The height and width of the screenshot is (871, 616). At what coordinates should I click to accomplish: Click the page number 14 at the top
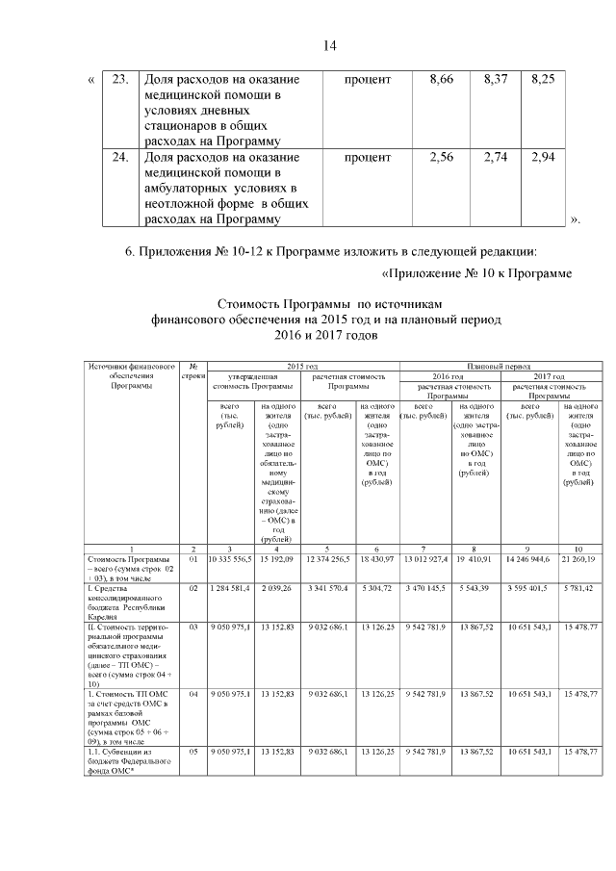coord(328,45)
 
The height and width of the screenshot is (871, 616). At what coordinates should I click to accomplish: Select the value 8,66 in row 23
coord(442,78)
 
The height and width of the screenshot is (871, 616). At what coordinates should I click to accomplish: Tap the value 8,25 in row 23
coord(543,78)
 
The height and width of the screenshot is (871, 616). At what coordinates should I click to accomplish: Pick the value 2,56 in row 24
coord(442,157)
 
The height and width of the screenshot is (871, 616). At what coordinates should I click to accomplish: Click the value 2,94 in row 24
coord(543,157)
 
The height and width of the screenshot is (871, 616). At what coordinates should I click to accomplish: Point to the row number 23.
coord(120,78)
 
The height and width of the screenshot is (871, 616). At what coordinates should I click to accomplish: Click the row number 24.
coord(120,157)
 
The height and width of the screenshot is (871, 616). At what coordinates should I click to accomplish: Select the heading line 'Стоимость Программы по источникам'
coord(328,303)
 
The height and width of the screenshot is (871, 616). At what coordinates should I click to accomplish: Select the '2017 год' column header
coord(549,375)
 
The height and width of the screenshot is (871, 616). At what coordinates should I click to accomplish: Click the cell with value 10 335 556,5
coord(229,559)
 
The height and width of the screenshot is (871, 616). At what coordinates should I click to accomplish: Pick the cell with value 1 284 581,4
coord(229,586)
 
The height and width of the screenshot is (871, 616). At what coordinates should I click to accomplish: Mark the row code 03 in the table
coord(193,627)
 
